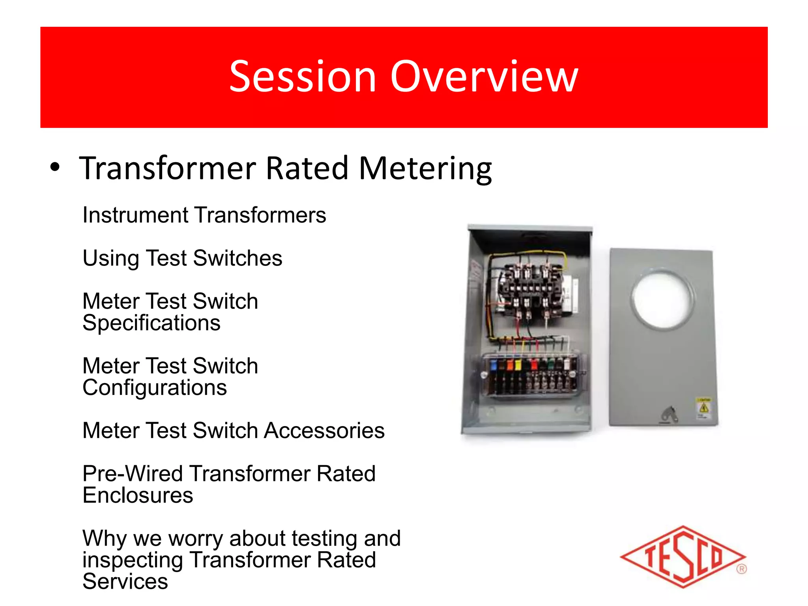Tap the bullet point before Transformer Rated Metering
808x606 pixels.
55,168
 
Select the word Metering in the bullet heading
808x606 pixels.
425,169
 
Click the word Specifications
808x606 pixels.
151,323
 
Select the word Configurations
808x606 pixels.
154,388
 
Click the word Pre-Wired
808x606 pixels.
132,473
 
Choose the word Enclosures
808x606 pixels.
138,496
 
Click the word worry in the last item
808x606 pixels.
196,539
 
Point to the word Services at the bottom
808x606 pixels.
125,582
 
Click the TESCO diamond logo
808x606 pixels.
683,557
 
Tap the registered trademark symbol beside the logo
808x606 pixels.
741,569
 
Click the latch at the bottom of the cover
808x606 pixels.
669,414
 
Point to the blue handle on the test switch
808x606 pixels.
493,365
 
